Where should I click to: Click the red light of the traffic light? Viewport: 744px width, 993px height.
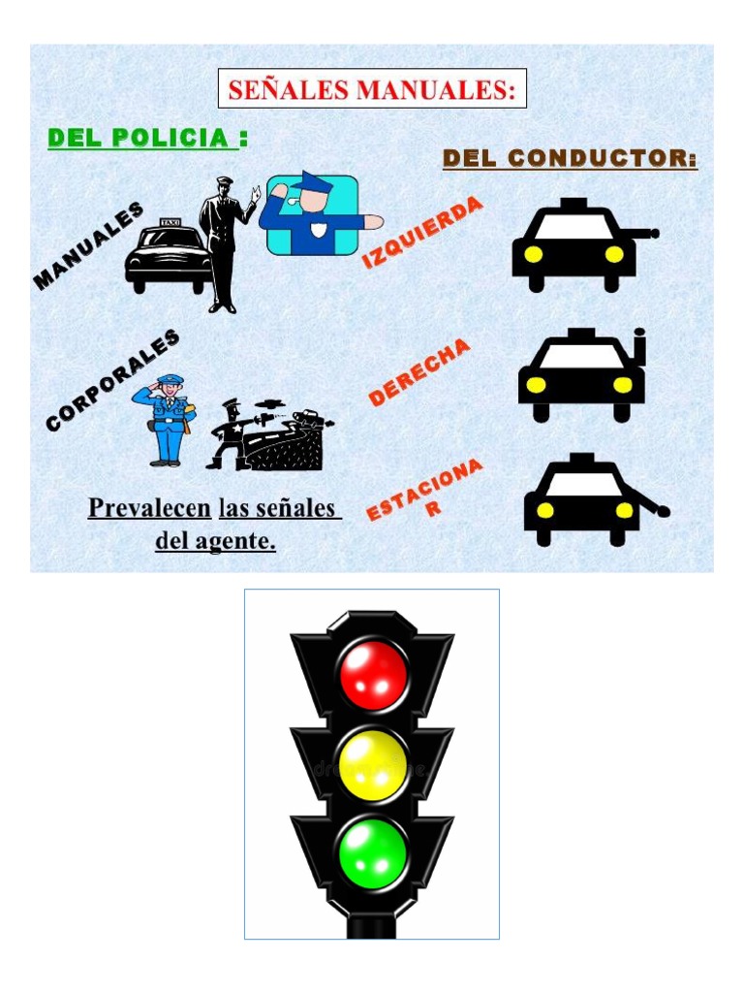[x=372, y=674]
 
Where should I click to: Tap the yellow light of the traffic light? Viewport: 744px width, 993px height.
[x=372, y=765]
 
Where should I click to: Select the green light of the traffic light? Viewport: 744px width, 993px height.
[x=372, y=854]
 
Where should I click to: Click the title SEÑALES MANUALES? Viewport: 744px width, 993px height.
[x=372, y=89]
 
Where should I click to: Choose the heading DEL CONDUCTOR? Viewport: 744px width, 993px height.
[x=570, y=158]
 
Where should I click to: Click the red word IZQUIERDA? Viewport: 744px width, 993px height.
[x=421, y=233]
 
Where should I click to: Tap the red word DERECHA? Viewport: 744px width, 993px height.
[x=419, y=371]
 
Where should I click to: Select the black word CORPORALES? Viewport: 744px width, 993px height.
[x=112, y=379]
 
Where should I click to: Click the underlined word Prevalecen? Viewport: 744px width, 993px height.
[x=149, y=508]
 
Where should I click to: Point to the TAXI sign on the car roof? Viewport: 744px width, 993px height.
[x=170, y=223]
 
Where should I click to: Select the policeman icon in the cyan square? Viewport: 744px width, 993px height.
[x=312, y=214]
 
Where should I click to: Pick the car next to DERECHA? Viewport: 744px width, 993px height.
[x=579, y=377]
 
